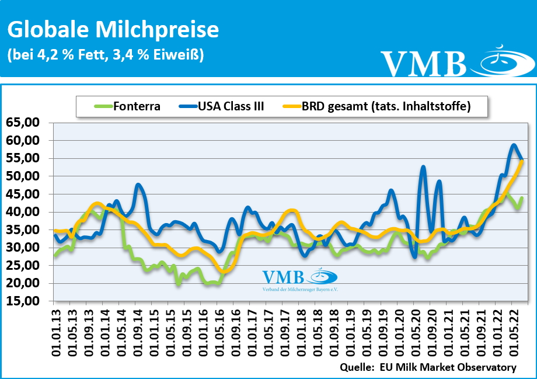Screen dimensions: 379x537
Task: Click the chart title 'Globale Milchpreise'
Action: click(x=113, y=30)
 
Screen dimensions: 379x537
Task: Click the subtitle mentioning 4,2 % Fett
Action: click(x=105, y=55)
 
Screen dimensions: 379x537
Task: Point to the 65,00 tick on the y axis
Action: click(x=23, y=123)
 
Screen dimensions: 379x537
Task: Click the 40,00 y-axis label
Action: click(x=23, y=212)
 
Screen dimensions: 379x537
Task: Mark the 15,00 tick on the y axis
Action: click(x=23, y=301)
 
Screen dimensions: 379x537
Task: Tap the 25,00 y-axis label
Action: click(x=23, y=266)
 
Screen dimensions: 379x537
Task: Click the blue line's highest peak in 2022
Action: click(x=514, y=145)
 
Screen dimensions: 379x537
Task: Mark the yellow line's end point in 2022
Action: click(x=522, y=162)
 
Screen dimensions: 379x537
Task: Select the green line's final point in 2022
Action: click(x=522, y=198)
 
